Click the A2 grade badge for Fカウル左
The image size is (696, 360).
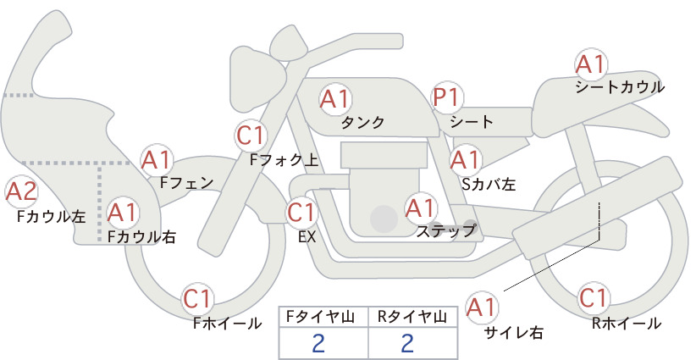22,192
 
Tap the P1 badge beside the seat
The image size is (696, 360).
447,97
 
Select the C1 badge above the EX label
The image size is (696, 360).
302,213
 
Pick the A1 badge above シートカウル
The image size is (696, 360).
591,65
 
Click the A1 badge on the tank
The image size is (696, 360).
335,99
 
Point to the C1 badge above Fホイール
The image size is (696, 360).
197,299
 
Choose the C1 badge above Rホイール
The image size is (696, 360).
594,298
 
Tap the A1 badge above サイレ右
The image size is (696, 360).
482,307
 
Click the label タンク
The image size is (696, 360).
362,122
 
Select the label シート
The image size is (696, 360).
472,121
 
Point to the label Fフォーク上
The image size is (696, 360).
284,160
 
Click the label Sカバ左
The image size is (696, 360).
489,184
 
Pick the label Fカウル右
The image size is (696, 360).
141,237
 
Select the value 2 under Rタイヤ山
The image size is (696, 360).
407,343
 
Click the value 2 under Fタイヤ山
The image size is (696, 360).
318,343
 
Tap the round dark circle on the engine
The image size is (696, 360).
384,219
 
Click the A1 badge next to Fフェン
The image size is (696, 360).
157,161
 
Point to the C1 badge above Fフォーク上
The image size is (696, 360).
251,136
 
